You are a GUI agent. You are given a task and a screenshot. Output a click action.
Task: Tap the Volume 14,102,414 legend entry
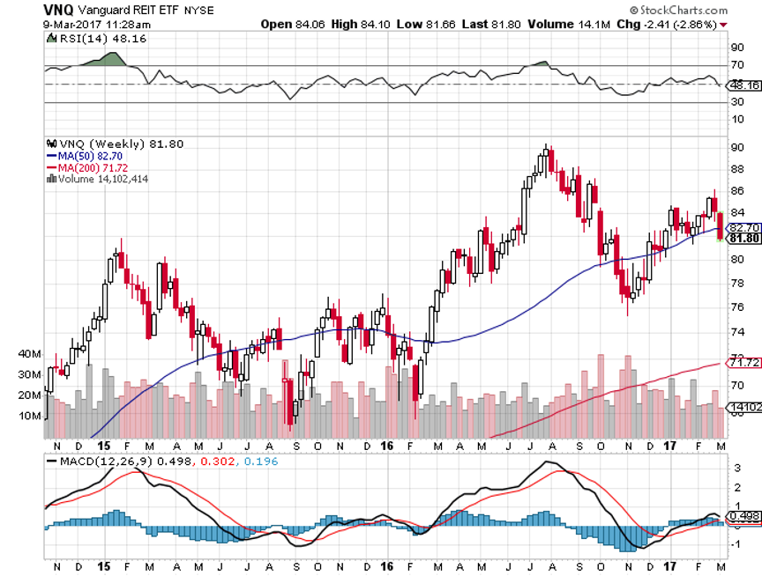click(x=101, y=178)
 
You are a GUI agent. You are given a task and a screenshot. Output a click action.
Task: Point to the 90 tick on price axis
click(x=736, y=146)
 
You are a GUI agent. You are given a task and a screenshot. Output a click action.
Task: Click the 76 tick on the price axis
click(x=736, y=306)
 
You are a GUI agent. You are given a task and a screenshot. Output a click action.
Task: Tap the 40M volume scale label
click(x=30, y=354)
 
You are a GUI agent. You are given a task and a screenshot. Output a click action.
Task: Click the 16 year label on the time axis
click(x=387, y=446)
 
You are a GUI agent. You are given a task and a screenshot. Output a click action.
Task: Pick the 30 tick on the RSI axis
click(x=736, y=103)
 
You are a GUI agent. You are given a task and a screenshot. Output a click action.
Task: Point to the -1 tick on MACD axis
click(x=736, y=543)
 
